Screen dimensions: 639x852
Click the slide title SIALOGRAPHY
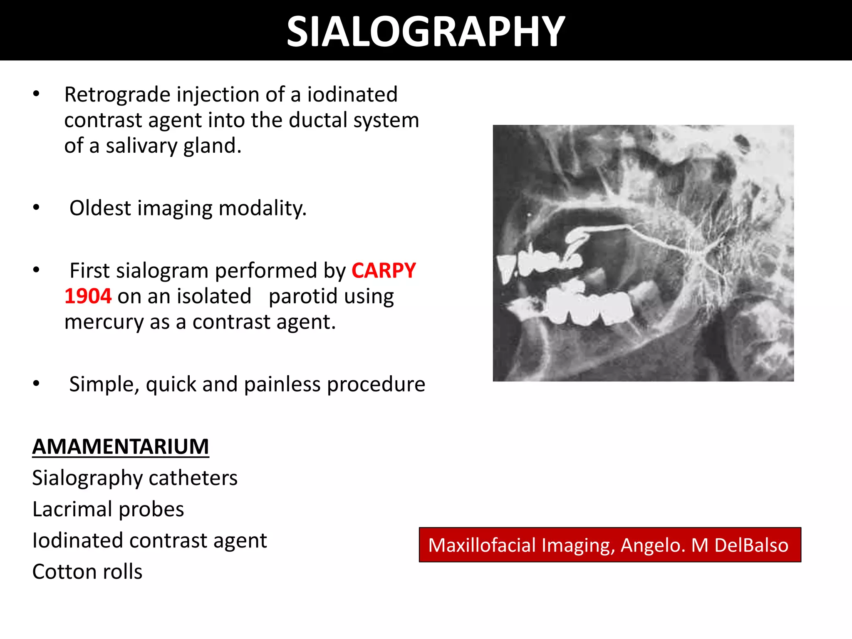(x=426, y=32)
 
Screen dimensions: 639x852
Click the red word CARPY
(x=384, y=271)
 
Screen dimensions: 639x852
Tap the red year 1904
(x=88, y=297)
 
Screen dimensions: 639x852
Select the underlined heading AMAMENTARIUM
(x=121, y=447)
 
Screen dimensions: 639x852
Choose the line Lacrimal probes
(x=108, y=509)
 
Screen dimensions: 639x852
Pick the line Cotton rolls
(x=87, y=572)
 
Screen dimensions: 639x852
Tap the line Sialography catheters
(x=135, y=478)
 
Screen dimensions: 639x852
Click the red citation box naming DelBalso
(x=609, y=545)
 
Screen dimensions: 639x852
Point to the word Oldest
(x=100, y=208)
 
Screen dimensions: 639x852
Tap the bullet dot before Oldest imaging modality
(x=37, y=207)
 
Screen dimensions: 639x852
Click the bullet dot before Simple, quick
(x=37, y=383)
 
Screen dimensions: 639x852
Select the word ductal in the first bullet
(x=318, y=120)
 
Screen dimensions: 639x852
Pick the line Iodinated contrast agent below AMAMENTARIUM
(x=149, y=540)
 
